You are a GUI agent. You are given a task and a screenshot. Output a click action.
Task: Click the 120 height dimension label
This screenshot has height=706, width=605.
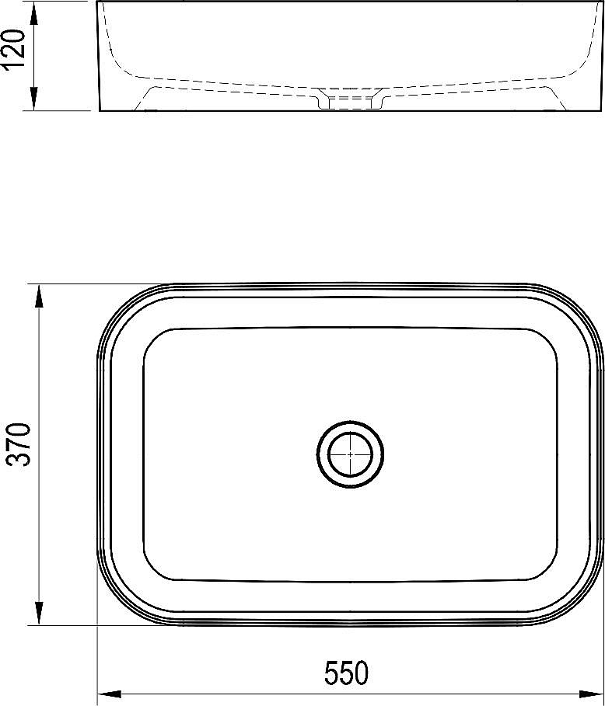pyautogui.click(x=17, y=50)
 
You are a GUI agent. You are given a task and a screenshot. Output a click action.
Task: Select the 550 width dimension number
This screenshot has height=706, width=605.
pyautogui.click(x=345, y=673)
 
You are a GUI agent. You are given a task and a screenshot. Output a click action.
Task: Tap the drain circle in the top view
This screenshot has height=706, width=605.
pyautogui.click(x=350, y=454)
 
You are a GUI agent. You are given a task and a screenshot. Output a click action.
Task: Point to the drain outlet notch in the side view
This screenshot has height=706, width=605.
pyautogui.click(x=350, y=102)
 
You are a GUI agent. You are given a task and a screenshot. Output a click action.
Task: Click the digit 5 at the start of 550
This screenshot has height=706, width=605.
pyautogui.click(x=330, y=673)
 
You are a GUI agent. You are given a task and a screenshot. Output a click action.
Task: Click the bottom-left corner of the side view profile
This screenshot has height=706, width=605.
pyautogui.click(x=100, y=110)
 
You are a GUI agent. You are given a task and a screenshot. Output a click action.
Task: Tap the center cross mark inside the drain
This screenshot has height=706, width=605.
pyautogui.click(x=350, y=454)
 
